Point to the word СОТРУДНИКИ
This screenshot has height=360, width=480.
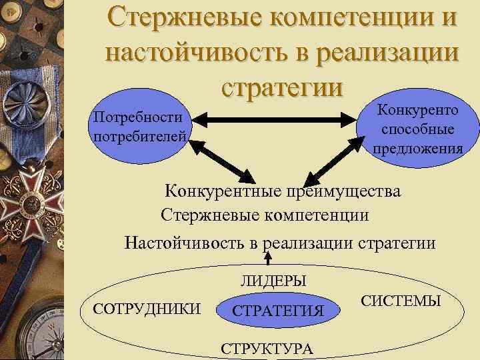pos(147,307)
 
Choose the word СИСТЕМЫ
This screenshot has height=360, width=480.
pos(401,301)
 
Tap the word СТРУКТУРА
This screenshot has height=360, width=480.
pos(266,349)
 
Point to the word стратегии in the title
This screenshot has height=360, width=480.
pos(282,86)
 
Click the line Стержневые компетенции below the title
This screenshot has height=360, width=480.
pos(264,215)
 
